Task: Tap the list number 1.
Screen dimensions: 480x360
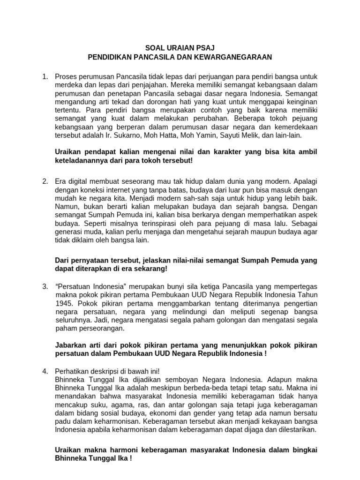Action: point(45,76)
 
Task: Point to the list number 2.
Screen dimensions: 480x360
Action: point(45,181)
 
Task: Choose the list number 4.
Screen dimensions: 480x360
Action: point(45,371)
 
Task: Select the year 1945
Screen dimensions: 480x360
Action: point(63,303)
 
